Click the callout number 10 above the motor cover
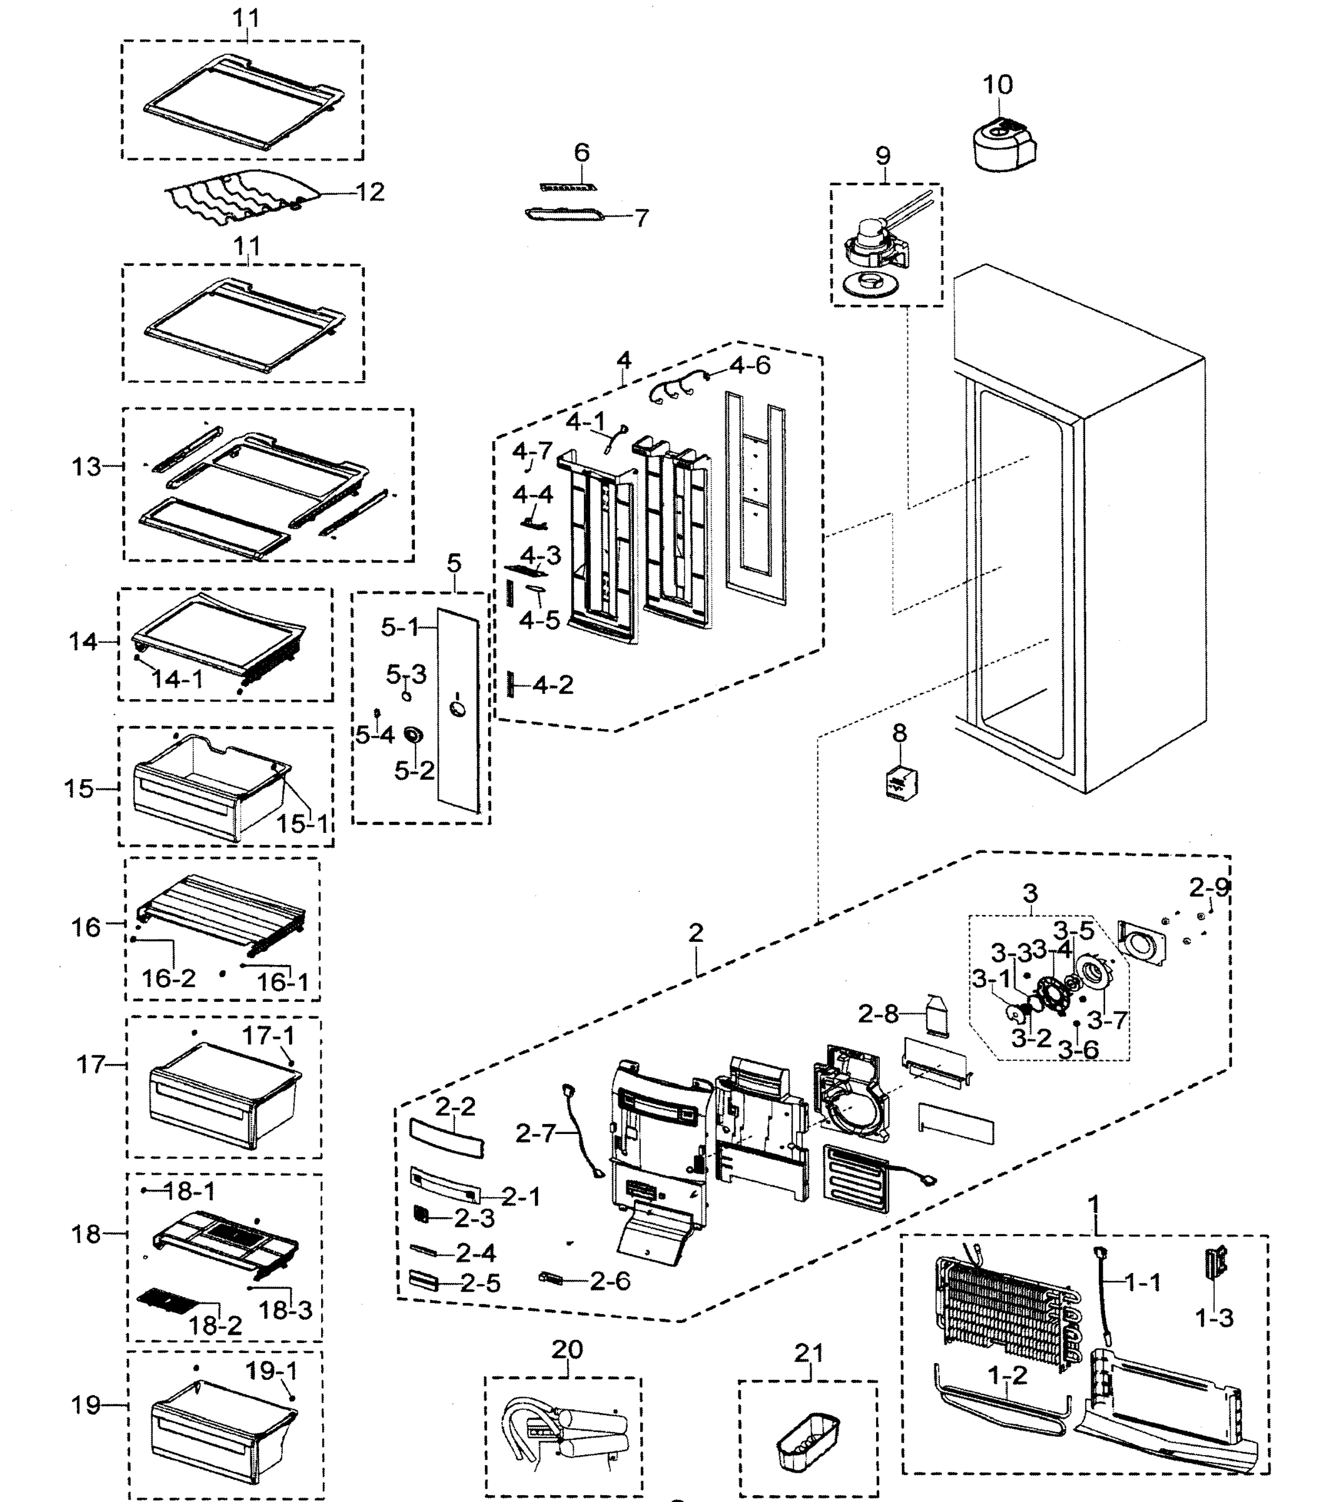pos(997,84)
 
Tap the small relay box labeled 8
pos(900,782)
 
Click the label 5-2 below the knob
pos(414,770)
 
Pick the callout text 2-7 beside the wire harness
pos(535,1133)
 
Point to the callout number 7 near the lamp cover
pos(642,218)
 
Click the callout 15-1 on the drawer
pos(302,823)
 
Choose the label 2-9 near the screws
pos(1209,887)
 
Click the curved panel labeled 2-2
pos(447,1137)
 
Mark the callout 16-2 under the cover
pos(169,978)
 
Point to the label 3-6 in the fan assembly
pos(1078,1049)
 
